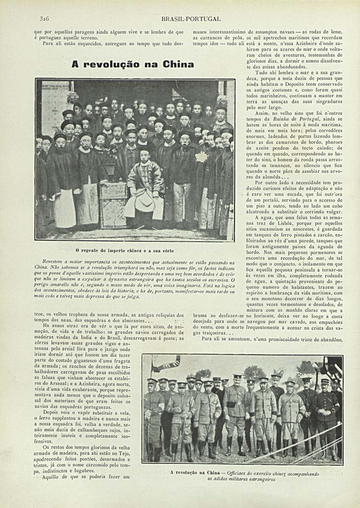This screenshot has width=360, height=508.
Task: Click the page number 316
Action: [45, 19]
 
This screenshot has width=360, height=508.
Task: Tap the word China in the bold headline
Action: [178, 64]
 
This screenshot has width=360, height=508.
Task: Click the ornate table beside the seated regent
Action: [113, 203]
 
